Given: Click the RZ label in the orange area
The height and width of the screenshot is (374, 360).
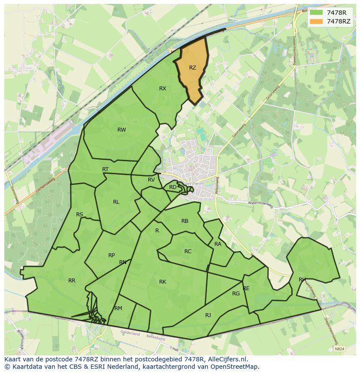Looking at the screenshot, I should point(193,68).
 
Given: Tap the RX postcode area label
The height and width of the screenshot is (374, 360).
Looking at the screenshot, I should point(163,89).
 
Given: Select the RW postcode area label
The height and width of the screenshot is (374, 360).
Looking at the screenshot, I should point(122,130).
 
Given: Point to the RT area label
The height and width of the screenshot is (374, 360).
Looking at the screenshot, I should point(106,169).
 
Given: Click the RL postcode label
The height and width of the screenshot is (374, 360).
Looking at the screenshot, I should point(116,202).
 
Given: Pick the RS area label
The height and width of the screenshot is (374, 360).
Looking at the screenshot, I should point(80,215).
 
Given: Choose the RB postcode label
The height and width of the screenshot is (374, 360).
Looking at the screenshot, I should point(185,221).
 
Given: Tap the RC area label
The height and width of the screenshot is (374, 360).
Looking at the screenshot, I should point(188,252).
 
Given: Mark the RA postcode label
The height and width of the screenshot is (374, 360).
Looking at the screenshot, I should point(218,244).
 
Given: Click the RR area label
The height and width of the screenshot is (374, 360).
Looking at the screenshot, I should point(72,281).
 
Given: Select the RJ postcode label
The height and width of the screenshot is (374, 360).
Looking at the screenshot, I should point(208,315).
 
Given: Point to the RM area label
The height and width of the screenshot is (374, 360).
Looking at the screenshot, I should point(118,308).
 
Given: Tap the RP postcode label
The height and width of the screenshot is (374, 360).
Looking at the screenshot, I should point(112,255).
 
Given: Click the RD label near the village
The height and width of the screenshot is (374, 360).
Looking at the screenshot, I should point(173,187).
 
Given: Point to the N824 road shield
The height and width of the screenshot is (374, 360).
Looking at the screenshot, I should point(340,348).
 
